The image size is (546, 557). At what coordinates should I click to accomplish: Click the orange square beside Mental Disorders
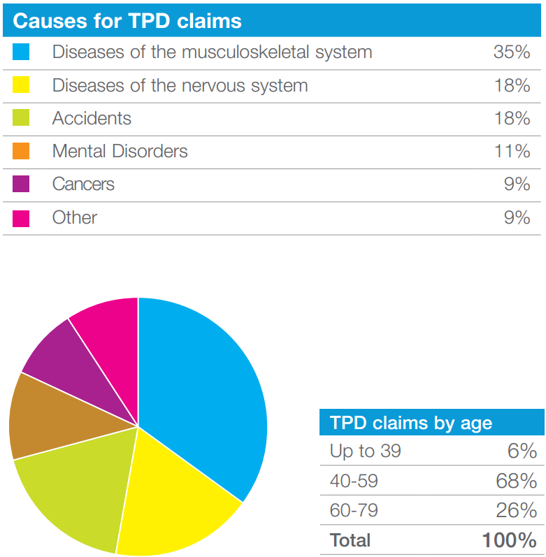pyautogui.click(x=21, y=152)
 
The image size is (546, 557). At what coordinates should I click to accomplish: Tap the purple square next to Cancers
pyautogui.click(x=21, y=185)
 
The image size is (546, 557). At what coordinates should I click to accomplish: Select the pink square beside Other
pyautogui.click(x=21, y=218)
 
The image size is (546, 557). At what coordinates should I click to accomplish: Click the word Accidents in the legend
pyautogui.click(x=92, y=118)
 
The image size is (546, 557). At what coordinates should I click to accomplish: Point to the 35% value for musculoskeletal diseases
pyautogui.click(x=512, y=52)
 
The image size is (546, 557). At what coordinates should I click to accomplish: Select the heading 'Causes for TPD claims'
pyautogui.click(x=127, y=21)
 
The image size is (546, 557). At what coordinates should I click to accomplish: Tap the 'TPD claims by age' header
pyautogui.click(x=411, y=423)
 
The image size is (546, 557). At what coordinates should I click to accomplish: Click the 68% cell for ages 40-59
pyautogui.click(x=517, y=481)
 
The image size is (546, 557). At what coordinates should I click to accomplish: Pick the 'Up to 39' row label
pyautogui.click(x=365, y=451)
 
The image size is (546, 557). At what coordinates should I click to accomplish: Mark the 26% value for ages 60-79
pyautogui.click(x=517, y=510)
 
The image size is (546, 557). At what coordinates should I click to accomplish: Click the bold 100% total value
pyautogui.click(x=509, y=540)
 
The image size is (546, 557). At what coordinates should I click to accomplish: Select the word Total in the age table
pyautogui.click(x=350, y=540)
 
